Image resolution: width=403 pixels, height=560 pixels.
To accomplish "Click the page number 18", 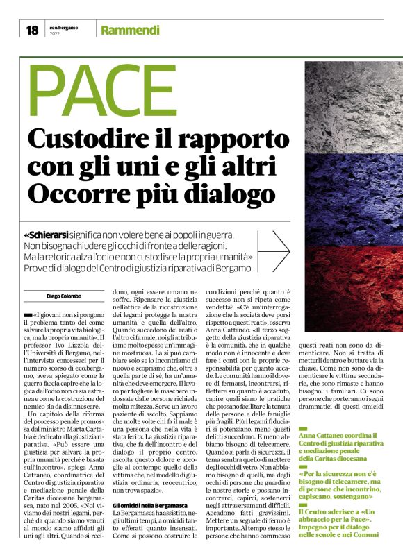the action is click(x=32, y=29).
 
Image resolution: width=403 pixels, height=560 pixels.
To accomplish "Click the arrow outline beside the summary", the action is click(x=279, y=248).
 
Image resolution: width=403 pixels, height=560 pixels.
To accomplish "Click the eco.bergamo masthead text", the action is click(x=65, y=26).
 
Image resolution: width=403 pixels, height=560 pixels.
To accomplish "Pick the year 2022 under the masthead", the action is click(x=56, y=34).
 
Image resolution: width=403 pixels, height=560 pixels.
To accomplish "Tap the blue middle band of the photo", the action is click(x=354, y=201).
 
